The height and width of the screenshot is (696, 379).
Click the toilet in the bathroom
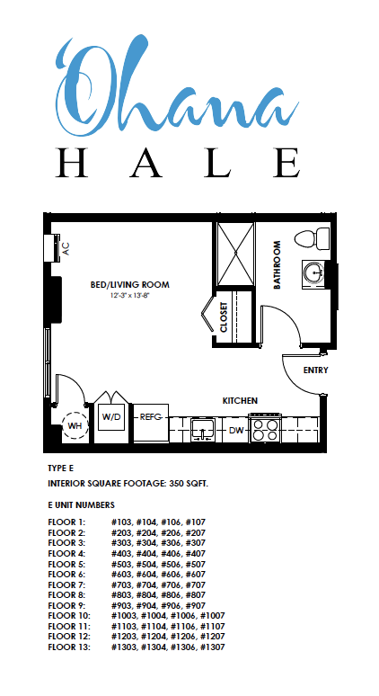click(312, 239)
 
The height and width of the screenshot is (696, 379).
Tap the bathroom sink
click(314, 272)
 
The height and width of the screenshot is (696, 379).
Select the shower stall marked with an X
click(235, 254)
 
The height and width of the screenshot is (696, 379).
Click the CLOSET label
click(224, 317)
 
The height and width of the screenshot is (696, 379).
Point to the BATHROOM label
click(277, 265)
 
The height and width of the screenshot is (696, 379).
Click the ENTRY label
click(315, 370)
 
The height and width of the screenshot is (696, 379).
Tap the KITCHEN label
click(240, 401)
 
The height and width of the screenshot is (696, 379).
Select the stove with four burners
click(265, 429)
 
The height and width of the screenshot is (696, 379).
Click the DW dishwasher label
click(236, 430)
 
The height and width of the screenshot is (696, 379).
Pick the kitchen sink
click(203, 429)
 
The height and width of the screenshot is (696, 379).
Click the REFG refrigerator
click(151, 423)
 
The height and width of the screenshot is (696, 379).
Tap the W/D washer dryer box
click(111, 417)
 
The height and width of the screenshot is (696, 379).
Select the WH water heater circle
click(75, 425)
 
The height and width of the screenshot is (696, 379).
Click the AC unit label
click(66, 248)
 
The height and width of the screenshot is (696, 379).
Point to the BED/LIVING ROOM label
click(130, 284)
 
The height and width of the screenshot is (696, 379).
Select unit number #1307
click(212, 647)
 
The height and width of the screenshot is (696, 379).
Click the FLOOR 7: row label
click(66, 584)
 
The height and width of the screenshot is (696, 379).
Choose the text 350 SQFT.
click(189, 484)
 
